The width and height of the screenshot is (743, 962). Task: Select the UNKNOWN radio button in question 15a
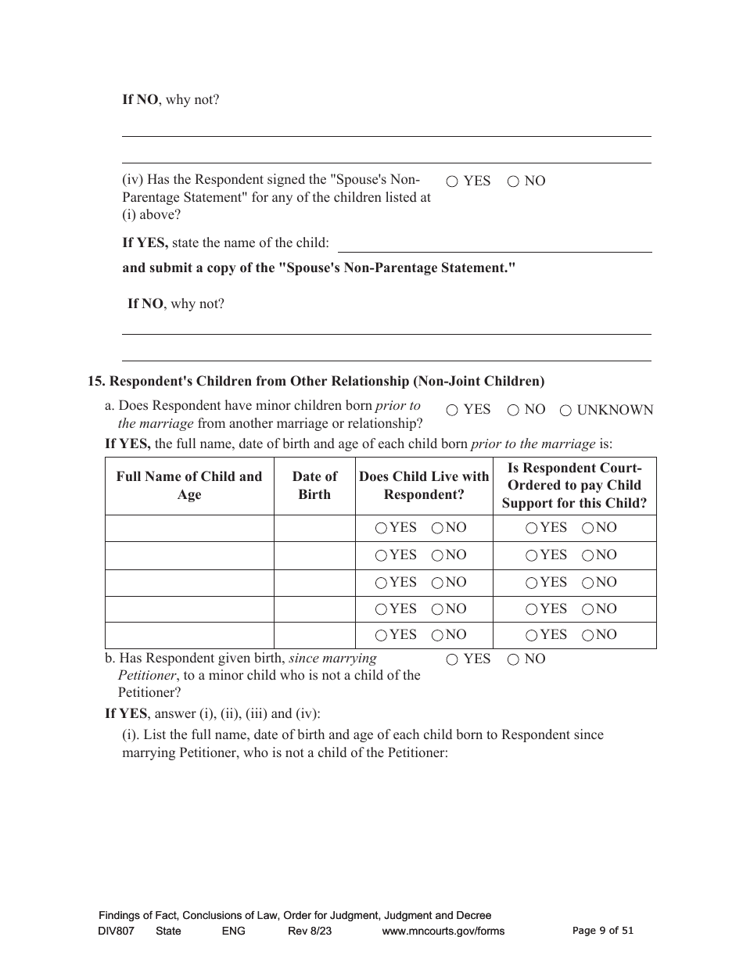[565, 410]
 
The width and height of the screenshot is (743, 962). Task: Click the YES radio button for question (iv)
[452, 181]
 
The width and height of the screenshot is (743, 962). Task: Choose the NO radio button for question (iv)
[513, 181]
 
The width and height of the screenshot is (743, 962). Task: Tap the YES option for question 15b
[452, 659]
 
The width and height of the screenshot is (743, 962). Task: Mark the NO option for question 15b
[513, 659]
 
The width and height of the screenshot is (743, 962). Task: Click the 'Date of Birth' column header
[314, 485]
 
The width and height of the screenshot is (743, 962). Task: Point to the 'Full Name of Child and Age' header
[189, 485]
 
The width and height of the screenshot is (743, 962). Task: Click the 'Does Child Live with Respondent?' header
[424, 485]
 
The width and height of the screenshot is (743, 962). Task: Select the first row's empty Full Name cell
[189, 528]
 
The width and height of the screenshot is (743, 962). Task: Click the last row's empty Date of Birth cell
[314, 635]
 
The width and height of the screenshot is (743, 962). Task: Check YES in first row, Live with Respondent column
[381, 528]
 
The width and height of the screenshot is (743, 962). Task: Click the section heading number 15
[95, 382]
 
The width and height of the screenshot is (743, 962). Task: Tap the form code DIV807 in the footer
[117, 931]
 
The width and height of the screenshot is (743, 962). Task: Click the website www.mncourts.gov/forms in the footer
[443, 931]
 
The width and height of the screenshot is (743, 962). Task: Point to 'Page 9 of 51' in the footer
[603, 930]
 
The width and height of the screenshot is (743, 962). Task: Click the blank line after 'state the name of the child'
[494, 244]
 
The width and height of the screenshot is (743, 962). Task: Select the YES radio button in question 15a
[452, 410]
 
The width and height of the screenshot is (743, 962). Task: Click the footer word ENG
[233, 931]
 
